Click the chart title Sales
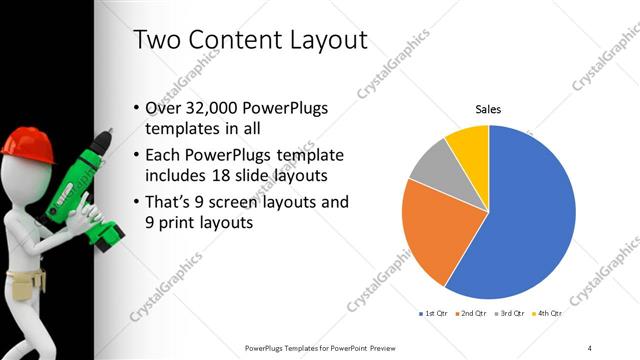point(488,109)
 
